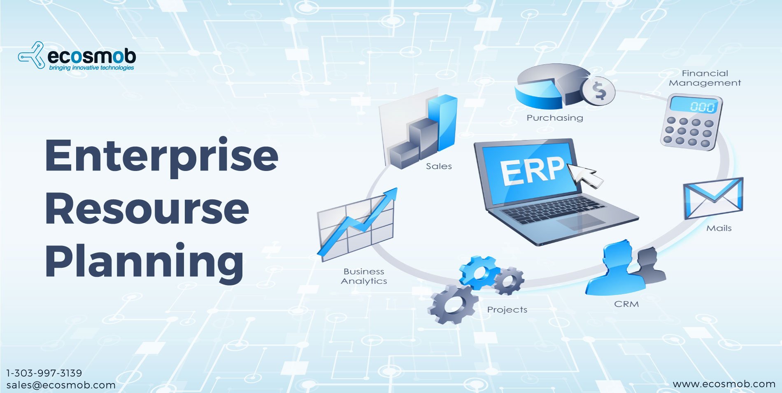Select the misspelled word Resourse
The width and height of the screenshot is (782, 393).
pyautogui.click(x=147, y=209)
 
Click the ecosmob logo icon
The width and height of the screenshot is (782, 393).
pyautogui.click(x=31, y=55)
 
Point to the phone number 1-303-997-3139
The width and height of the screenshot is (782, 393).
pyautogui.click(x=44, y=373)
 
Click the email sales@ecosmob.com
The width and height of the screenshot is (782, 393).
pyautogui.click(x=61, y=385)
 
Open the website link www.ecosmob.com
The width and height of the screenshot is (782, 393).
pyautogui.click(x=724, y=384)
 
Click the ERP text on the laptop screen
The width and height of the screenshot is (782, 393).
pyautogui.click(x=533, y=170)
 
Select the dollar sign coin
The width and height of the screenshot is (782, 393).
pyautogui.click(x=599, y=91)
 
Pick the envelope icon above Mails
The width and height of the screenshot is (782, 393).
pyautogui.click(x=713, y=198)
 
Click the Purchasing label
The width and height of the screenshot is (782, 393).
pyautogui.click(x=555, y=118)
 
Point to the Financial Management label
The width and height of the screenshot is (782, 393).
pyautogui.click(x=705, y=78)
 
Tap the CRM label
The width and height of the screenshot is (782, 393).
pyautogui.click(x=626, y=304)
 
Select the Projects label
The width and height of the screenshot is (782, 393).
pyautogui.click(x=507, y=310)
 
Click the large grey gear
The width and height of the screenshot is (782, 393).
pyautogui.click(x=453, y=304)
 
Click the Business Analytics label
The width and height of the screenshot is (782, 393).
pyautogui.click(x=364, y=276)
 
